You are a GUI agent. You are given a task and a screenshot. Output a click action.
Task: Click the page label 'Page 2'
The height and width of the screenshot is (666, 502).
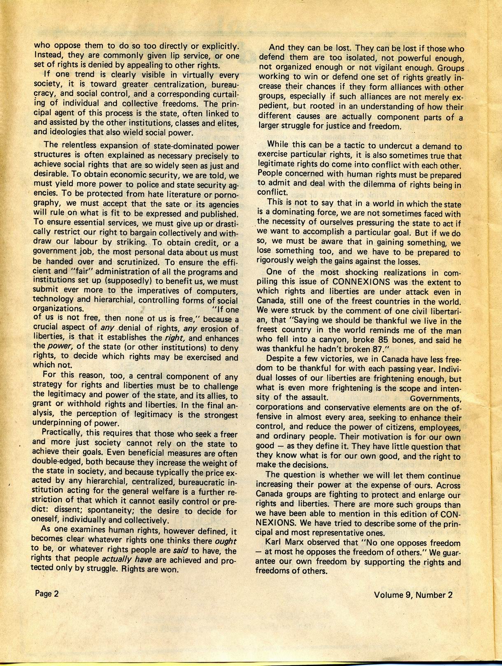[46, 594]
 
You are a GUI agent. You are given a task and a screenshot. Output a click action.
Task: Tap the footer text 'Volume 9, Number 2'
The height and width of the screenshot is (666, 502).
[413, 595]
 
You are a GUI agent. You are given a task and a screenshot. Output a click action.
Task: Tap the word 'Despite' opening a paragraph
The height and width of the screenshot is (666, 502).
[280, 358]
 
